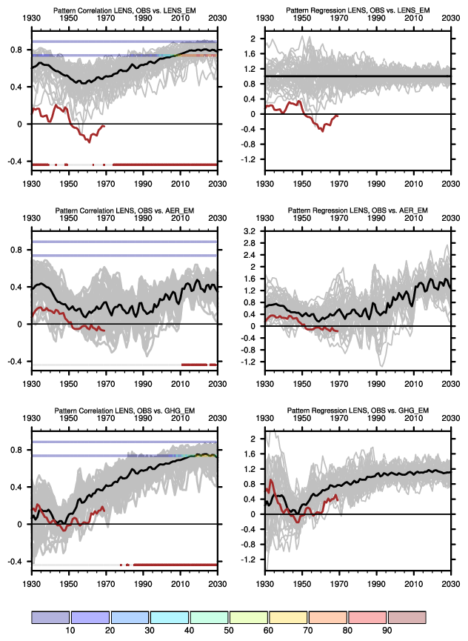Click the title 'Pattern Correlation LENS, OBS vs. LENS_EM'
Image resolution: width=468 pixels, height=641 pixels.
point(124,9)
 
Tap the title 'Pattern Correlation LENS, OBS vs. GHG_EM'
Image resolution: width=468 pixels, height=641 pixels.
point(124,411)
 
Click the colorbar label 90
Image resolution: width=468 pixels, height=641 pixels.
point(387,630)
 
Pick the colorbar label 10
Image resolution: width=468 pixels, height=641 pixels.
point(70,630)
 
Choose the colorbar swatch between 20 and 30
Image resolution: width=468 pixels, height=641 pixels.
point(130,617)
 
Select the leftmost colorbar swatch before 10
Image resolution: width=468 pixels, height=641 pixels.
point(50,617)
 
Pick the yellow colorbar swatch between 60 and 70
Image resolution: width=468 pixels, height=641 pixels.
point(288,617)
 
